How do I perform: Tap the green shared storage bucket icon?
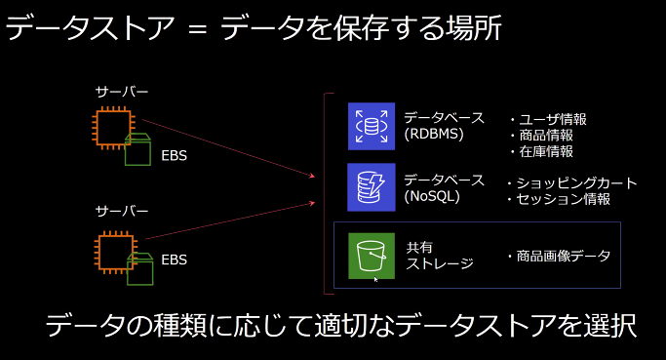(371, 256)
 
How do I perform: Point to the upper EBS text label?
(174, 153)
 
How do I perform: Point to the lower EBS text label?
(174, 260)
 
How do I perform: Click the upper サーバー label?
(121, 92)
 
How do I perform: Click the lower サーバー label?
(121, 211)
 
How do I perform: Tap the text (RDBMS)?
(434, 136)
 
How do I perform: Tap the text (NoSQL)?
(433, 196)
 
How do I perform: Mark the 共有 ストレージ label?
(439, 256)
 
